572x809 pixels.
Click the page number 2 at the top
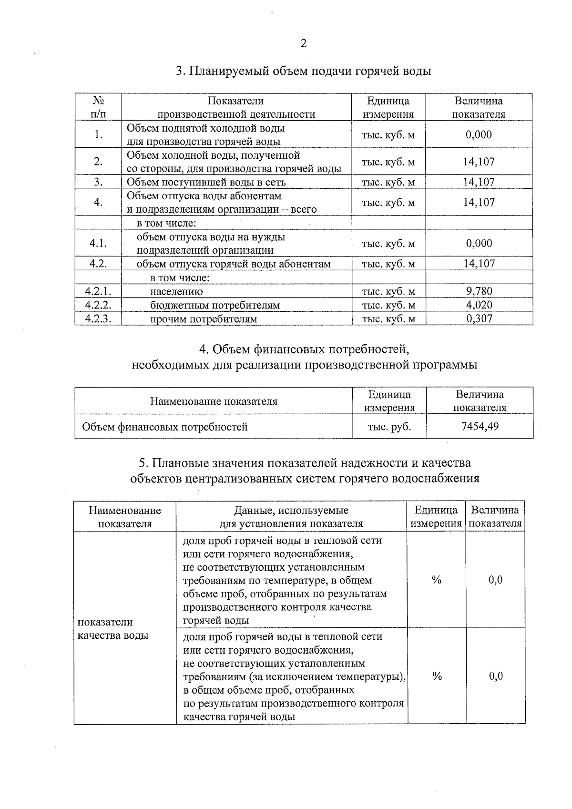click(x=303, y=43)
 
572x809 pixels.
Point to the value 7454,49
click(x=480, y=426)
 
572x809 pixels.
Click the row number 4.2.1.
click(x=98, y=291)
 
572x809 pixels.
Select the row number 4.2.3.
click(x=98, y=319)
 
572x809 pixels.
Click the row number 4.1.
click(x=98, y=244)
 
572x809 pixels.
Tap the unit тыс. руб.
click(x=389, y=427)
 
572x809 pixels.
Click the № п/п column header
click(x=98, y=107)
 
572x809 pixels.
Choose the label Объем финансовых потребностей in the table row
click(x=165, y=427)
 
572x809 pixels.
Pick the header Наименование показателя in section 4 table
click(x=214, y=401)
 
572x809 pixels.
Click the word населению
click(x=176, y=292)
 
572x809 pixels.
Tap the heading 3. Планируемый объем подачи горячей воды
click(x=303, y=72)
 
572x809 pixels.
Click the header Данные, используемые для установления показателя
click(x=291, y=517)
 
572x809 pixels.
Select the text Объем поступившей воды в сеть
click(x=206, y=182)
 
